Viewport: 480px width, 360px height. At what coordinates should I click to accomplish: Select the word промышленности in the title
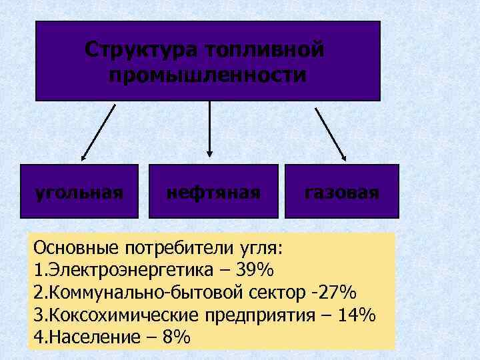tap(208, 75)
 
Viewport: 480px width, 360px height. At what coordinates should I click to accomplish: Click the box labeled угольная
tap(79, 191)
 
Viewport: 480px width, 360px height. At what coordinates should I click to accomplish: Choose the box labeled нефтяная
tap(213, 191)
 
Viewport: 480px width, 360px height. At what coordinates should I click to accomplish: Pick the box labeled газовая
tap(341, 191)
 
